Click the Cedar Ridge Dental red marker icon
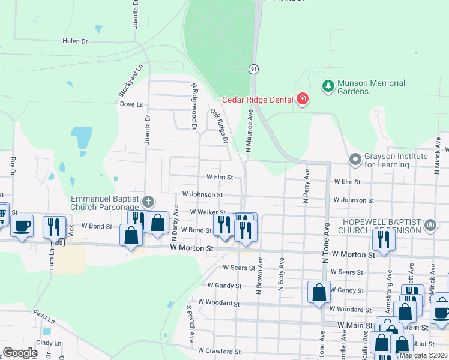click(x=302, y=100)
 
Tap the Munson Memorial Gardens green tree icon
click(x=328, y=86)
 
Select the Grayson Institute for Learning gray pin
click(x=355, y=160)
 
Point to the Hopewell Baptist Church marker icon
click(x=430, y=225)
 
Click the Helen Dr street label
click(x=75, y=41)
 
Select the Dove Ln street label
click(x=132, y=104)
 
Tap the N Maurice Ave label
click(x=249, y=128)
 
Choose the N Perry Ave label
click(x=306, y=186)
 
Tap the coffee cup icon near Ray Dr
click(x=22, y=227)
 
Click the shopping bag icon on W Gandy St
click(x=319, y=292)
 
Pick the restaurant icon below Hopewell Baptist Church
click(x=382, y=239)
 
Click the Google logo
click(x=20, y=353)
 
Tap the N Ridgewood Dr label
click(x=194, y=106)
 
